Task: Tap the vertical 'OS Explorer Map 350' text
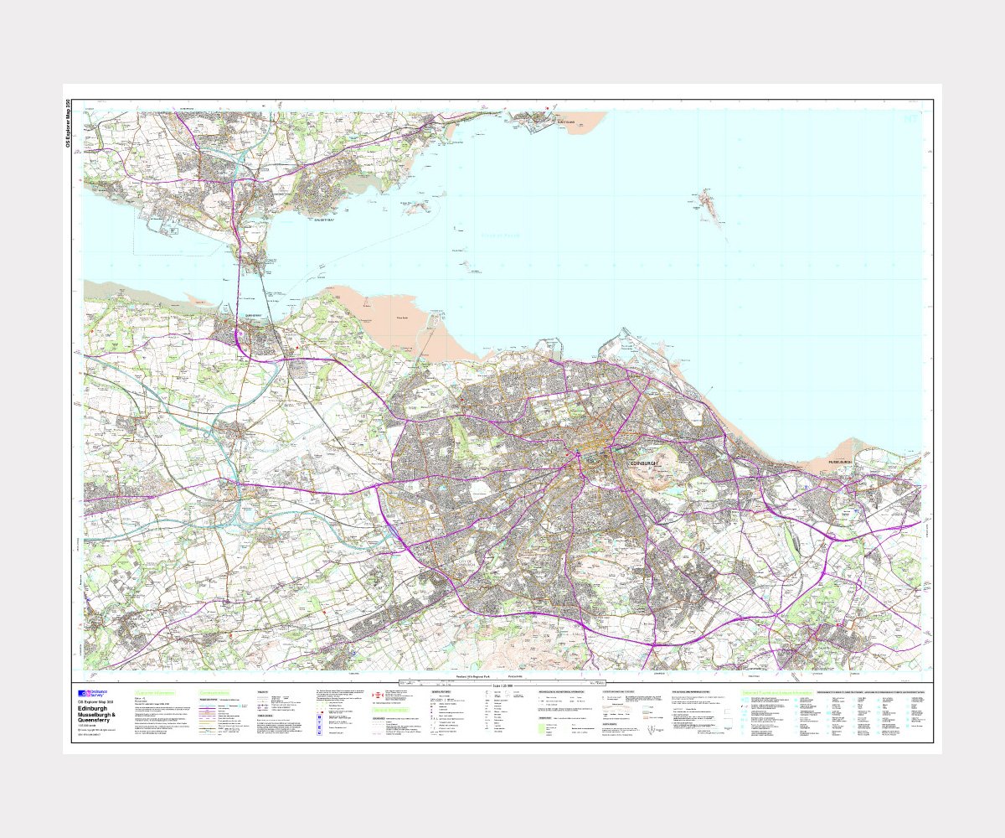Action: click(69, 123)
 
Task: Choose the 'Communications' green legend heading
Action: click(214, 692)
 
